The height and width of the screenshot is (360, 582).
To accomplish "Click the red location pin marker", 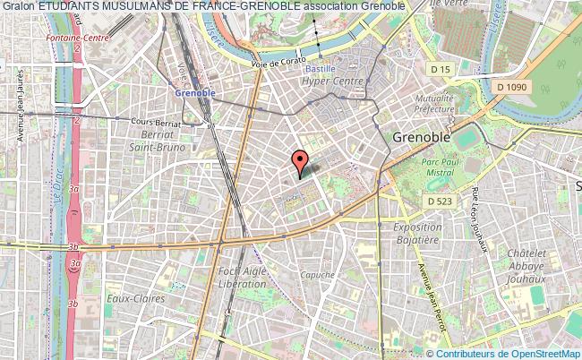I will [301, 163].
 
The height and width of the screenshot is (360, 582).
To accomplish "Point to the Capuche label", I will [317, 275].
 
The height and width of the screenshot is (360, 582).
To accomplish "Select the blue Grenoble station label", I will [188, 93].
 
